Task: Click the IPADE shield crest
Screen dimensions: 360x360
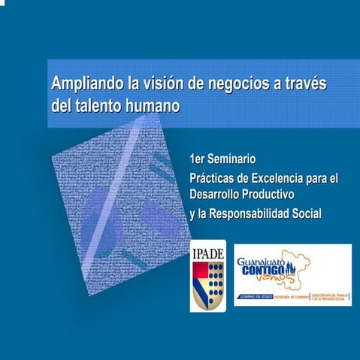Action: (x=207, y=286)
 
